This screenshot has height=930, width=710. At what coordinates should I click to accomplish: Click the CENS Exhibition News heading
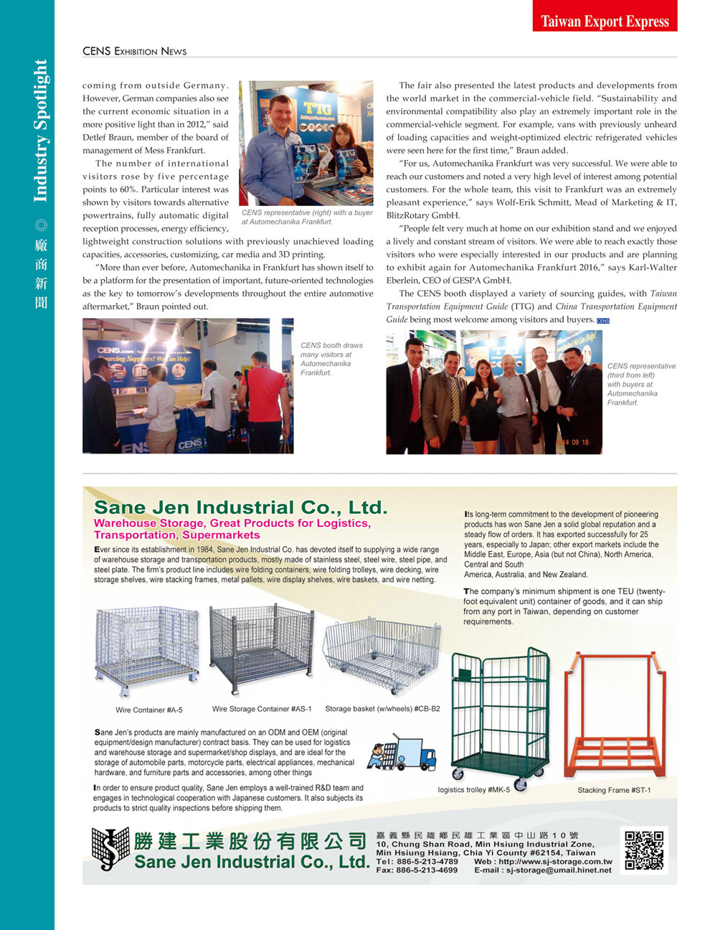[x=134, y=51]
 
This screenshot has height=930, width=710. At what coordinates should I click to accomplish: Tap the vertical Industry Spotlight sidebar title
[x=40, y=131]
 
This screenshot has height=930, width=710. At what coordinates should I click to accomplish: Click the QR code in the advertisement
[x=643, y=850]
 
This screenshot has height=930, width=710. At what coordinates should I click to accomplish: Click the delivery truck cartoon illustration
[x=402, y=753]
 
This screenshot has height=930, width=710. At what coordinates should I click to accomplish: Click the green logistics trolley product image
[x=500, y=715]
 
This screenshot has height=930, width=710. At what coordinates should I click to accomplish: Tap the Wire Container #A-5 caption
[x=149, y=710]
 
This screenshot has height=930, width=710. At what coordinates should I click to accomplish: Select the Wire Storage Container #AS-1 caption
[x=262, y=709]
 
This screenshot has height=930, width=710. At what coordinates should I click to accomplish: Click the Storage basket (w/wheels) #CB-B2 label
[x=382, y=709]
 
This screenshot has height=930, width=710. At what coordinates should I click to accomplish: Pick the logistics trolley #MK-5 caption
[x=473, y=790]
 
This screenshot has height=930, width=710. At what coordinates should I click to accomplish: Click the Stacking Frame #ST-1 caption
[x=614, y=790]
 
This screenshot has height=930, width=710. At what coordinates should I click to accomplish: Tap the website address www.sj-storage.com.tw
[x=555, y=862]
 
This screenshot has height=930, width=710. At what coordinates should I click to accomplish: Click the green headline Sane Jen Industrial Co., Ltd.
[x=240, y=507]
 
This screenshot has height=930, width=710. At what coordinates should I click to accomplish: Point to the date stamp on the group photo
[x=574, y=442]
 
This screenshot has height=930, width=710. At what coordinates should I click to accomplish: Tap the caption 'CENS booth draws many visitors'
[x=331, y=359]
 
